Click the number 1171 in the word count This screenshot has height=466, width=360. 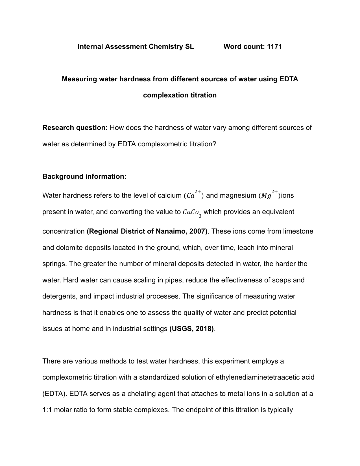coord(274,47)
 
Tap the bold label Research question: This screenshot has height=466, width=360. coord(75,128)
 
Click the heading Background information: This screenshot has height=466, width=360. coord(84,177)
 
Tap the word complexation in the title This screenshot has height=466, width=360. coord(162,95)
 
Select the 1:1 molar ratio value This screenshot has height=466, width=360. coord(47,410)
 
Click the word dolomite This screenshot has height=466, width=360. coord(69,248)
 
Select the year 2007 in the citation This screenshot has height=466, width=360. coord(197,231)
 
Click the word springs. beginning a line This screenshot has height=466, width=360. coord(54,264)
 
